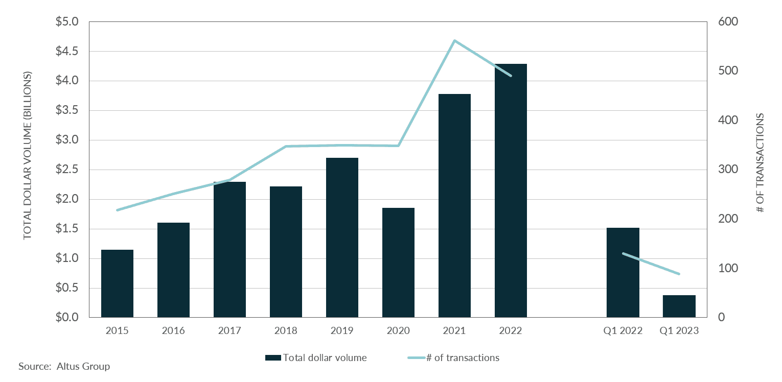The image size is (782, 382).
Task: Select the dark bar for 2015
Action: tap(117, 283)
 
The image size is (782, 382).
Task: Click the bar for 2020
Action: tap(398, 262)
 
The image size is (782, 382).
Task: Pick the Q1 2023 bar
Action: tap(679, 306)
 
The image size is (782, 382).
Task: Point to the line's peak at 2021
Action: tap(454, 40)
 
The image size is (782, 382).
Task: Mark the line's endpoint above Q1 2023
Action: tap(679, 274)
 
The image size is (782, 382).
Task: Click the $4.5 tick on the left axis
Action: tap(67, 52)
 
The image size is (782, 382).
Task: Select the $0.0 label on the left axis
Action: tap(67, 318)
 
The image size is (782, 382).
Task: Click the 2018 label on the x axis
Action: tap(286, 331)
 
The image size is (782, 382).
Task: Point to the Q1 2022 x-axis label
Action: tap(623, 331)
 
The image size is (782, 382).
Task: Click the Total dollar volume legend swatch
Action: tap(273, 358)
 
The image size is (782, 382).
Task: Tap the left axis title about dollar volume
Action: tap(28, 155)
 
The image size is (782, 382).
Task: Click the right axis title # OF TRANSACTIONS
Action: tap(760, 163)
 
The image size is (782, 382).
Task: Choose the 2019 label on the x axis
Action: tap(342, 331)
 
